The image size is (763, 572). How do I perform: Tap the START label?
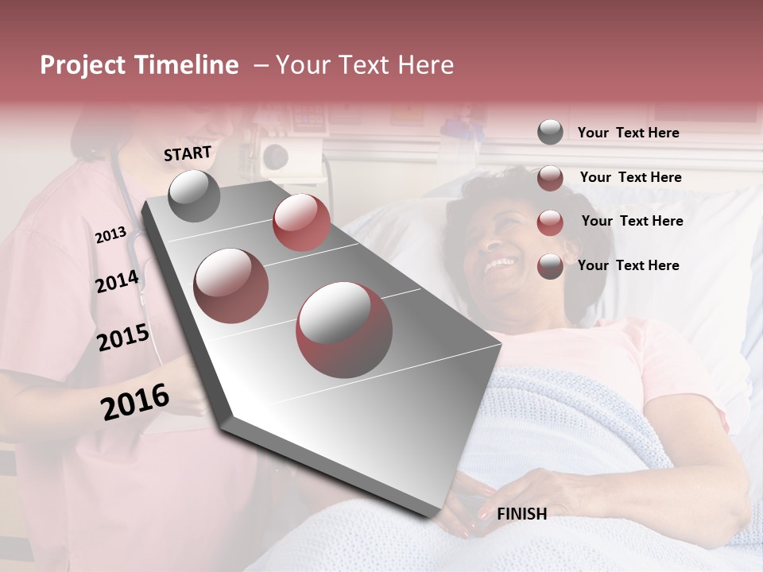(188, 153)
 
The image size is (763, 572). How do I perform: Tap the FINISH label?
(521, 514)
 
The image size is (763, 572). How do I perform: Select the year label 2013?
(110, 235)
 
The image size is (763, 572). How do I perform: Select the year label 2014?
(117, 281)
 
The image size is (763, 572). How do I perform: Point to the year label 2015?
(122, 338)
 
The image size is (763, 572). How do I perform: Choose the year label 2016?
(135, 401)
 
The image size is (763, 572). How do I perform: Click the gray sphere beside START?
(195, 195)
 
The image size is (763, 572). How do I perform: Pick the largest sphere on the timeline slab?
(344, 329)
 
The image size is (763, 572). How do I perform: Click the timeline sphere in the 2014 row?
(230, 285)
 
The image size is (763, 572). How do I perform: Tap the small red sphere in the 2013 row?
(301, 222)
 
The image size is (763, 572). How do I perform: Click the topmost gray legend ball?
(550, 132)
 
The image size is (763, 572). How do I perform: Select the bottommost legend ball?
(550, 266)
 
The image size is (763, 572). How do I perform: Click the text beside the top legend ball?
(628, 133)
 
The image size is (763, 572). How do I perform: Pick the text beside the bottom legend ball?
(628, 265)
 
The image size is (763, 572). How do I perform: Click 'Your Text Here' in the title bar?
(365, 65)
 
